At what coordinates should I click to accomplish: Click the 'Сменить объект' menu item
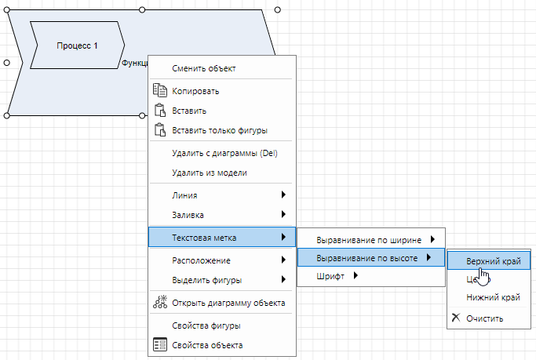click(204, 68)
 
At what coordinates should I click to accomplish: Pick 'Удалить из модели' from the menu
click(210, 173)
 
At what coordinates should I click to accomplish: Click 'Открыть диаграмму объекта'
click(228, 303)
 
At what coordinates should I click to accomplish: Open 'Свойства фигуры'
click(206, 325)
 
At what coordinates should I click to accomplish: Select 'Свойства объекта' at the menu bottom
click(207, 344)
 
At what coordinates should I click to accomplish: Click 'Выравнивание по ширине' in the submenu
click(369, 239)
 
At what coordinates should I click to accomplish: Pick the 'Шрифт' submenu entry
click(330, 275)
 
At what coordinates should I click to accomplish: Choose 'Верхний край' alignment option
click(493, 260)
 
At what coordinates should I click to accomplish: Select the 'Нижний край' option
click(493, 297)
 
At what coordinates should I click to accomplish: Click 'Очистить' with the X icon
click(484, 318)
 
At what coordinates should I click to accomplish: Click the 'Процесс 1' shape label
click(77, 45)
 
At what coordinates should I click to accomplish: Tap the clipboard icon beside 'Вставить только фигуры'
click(159, 130)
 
